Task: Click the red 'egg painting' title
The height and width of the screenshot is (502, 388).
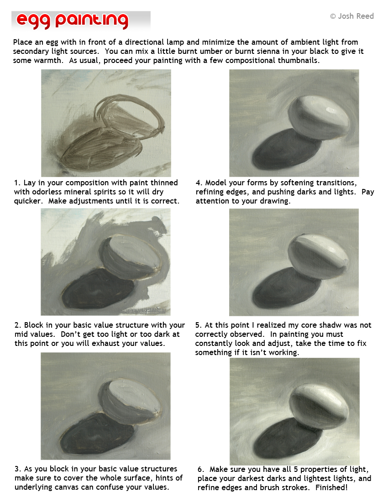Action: (x=72, y=21)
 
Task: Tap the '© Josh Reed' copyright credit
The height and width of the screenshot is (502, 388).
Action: (x=351, y=16)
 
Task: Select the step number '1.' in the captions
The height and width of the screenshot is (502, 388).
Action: (x=17, y=183)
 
